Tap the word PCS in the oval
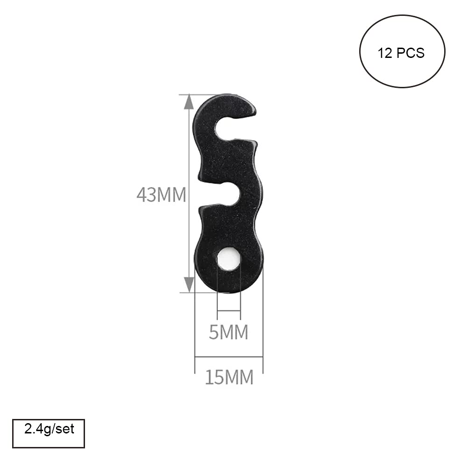pyautogui.click(x=411, y=53)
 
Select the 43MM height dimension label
pyautogui.click(x=161, y=195)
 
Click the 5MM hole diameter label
pyautogui.click(x=228, y=333)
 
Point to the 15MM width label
pyautogui.click(x=229, y=377)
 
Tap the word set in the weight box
pyautogui.click(x=65, y=428)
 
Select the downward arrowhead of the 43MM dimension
pyautogui.click(x=188, y=284)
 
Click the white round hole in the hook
pyautogui.click(x=229, y=259)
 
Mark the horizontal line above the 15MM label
pyautogui.click(x=229, y=357)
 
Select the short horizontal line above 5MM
pyautogui.click(x=229, y=310)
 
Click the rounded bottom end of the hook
pyautogui.click(x=229, y=286)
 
